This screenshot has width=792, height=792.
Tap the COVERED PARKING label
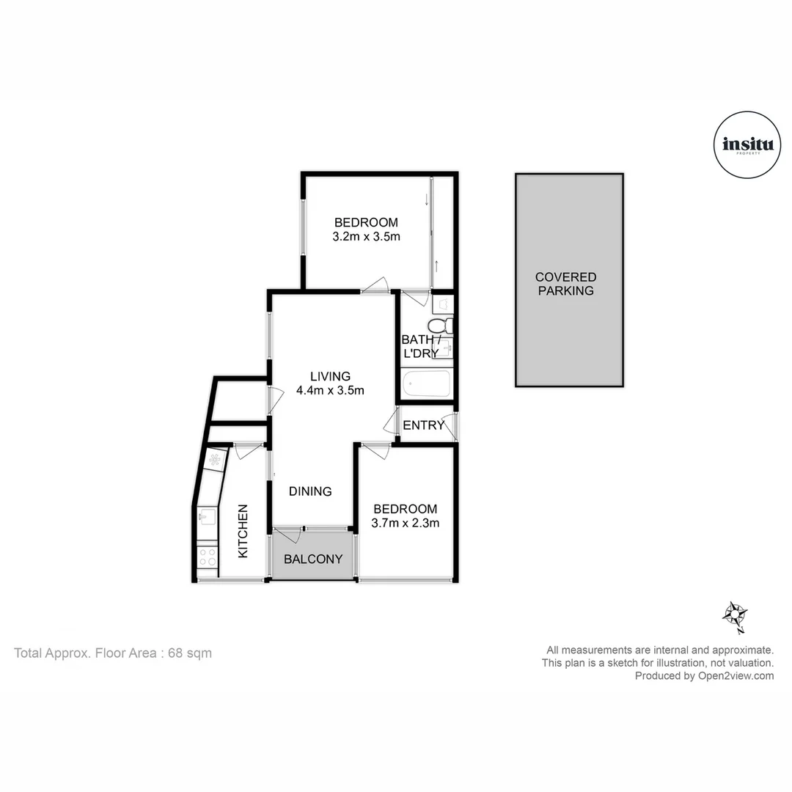(x=565, y=284)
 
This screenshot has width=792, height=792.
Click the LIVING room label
(x=330, y=376)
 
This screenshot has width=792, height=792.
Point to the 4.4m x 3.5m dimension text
(x=330, y=391)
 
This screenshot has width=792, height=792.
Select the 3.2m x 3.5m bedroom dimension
(x=366, y=237)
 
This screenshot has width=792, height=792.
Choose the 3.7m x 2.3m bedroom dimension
(x=405, y=523)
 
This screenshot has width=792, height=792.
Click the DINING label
(x=310, y=491)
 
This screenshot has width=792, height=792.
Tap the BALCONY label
(x=313, y=559)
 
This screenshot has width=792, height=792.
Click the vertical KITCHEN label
(x=243, y=531)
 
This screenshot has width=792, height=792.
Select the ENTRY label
(x=423, y=425)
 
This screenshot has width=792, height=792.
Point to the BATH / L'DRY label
(x=419, y=346)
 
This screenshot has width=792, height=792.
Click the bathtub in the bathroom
(x=426, y=384)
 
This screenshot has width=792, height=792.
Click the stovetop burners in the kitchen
(x=207, y=557)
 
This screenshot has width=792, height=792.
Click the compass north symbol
(x=735, y=615)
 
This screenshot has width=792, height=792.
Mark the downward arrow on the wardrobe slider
(x=426, y=199)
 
